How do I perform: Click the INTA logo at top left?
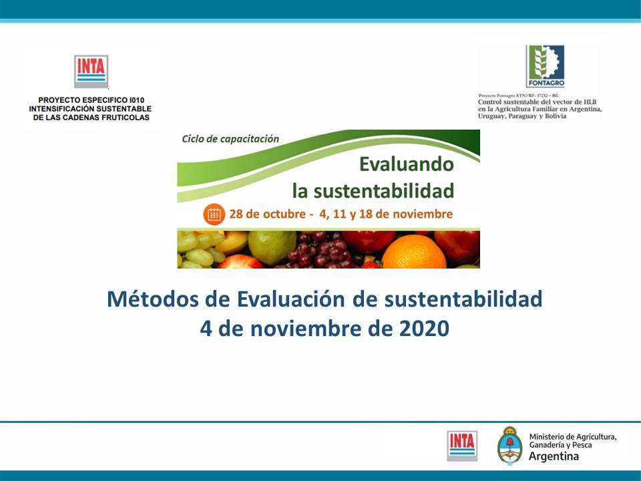click(x=91, y=71)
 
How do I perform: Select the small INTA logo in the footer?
click(x=462, y=446)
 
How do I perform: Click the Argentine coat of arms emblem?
click(x=509, y=446)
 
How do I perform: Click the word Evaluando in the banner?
click(x=406, y=164)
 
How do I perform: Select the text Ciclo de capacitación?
click(x=230, y=139)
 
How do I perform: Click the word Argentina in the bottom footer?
click(x=554, y=457)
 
